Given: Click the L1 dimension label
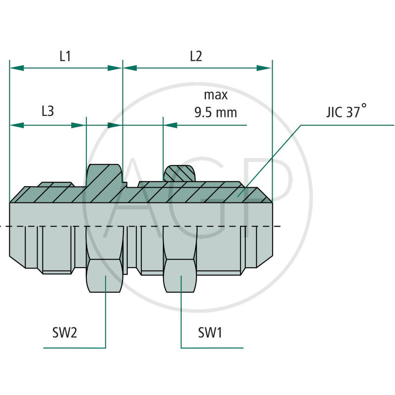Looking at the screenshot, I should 65,56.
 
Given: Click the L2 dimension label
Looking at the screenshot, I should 196,56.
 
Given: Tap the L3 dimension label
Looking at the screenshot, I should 47,112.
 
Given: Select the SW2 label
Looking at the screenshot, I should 65,333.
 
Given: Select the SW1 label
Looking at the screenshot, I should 210,333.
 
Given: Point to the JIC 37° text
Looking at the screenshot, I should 346,111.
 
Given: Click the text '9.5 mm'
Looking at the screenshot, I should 215,113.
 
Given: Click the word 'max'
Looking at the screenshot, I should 216,95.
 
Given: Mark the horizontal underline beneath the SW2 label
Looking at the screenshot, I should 74,348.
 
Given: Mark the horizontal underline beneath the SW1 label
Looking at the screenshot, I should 212,348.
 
